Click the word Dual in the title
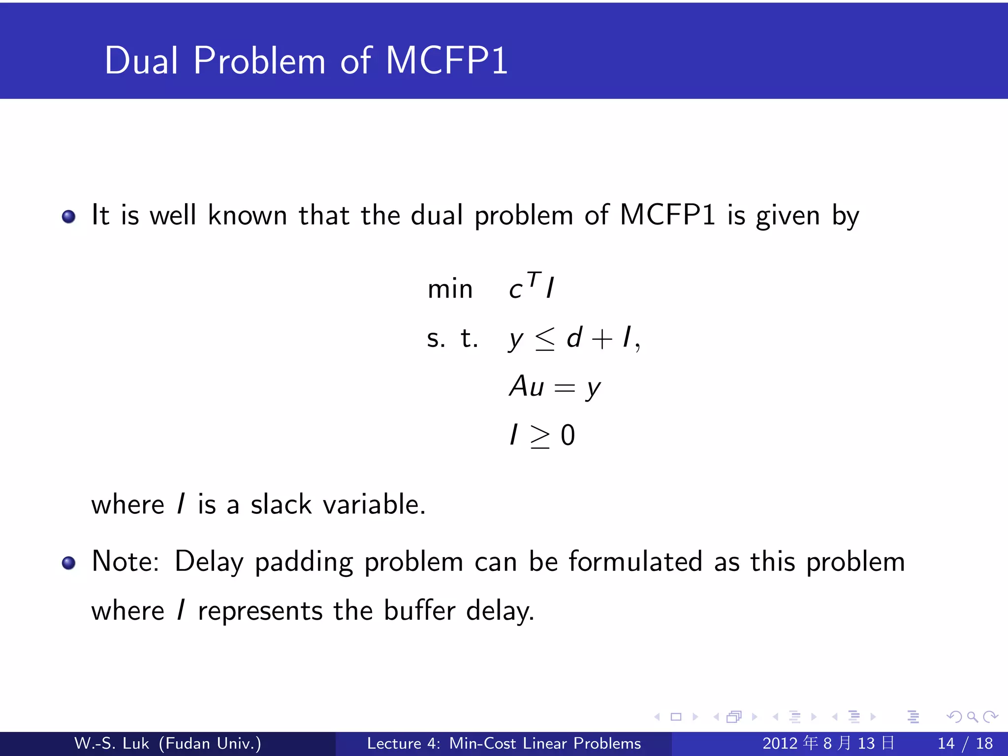pyautogui.click(x=141, y=61)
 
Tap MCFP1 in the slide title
pyautogui.click(x=446, y=61)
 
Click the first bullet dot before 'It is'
pyautogui.click(x=69, y=217)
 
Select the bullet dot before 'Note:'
pyautogui.click(x=69, y=563)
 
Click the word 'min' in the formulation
pyautogui.click(x=450, y=289)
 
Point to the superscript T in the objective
pyautogui.click(x=534, y=279)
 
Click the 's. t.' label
pyautogui.click(x=452, y=339)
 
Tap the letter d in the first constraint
pyautogui.click(x=574, y=338)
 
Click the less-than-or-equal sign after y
pyautogui.click(x=545, y=339)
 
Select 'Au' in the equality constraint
pyautogui.click(x=527, y=386)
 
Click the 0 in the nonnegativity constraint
pyautogui.click(x=567, y=436)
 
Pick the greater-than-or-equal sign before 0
pyautogui.click(x=539, y=437)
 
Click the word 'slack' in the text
pyautogui.click(x=281, y=505)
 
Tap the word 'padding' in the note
pyautogui.click(x=304, y=563)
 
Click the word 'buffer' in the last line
pyautogui.click(x=419, y=611)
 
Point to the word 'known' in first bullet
pyautogui.click(x=248, y=216)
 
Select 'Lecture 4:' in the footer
pyautogui.click(x=404, y=743)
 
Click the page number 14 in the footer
pyautogui.click(x=946, y=743)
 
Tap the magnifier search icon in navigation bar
pyautogui.click(x=972, y=717)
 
